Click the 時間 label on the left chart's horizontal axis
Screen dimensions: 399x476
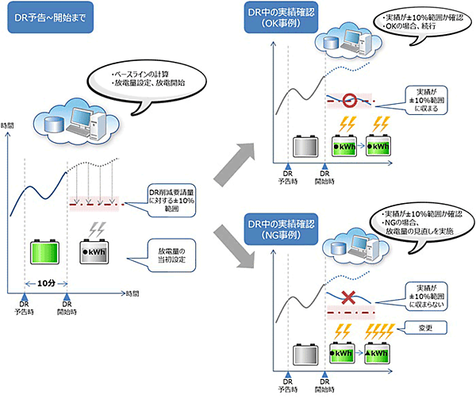pos(132,293)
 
